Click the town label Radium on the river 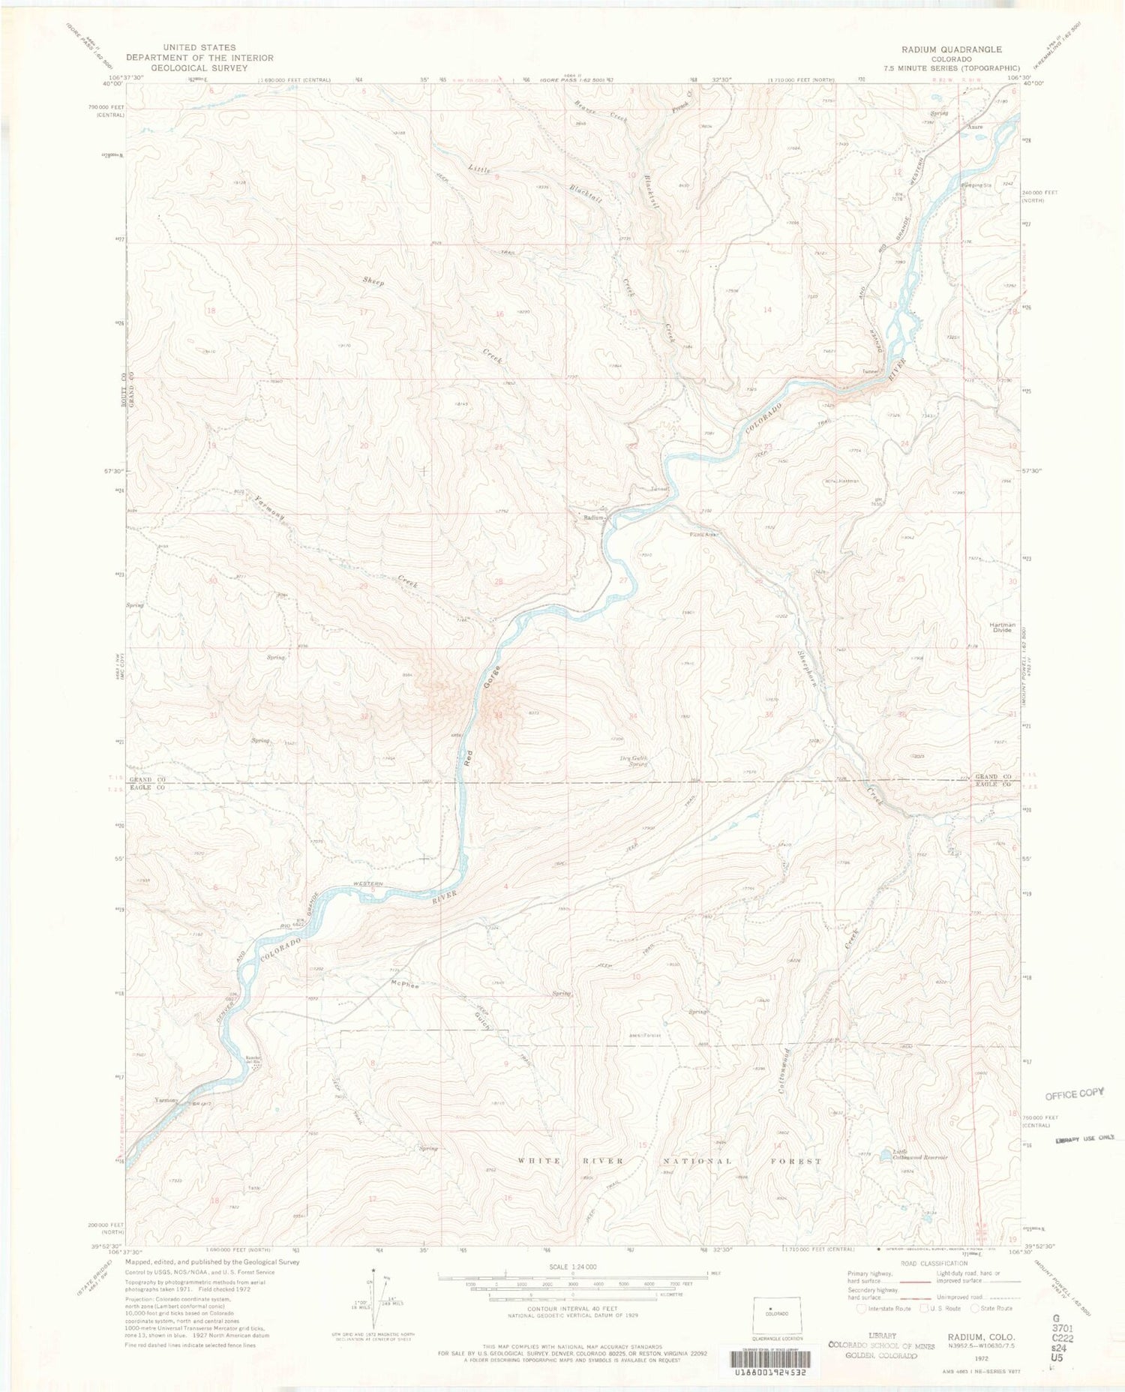[x=594, y=517]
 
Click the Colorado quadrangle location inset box [x=777, y=1314]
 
